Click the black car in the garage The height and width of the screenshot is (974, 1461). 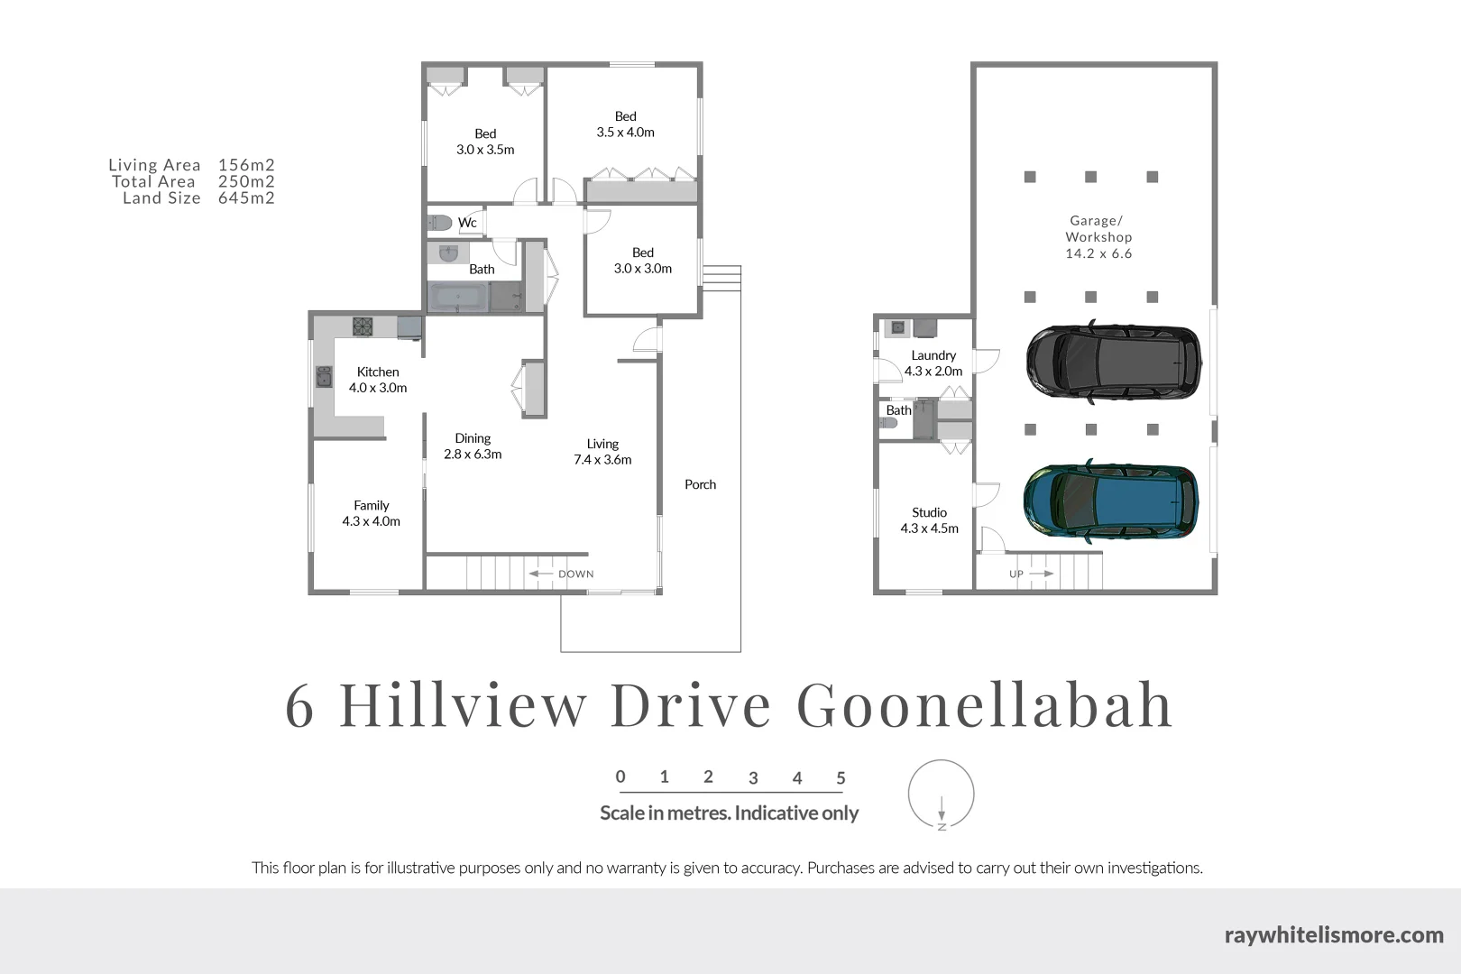point(1114,361)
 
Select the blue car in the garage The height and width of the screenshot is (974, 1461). point(1111,501)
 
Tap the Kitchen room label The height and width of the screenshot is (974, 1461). point(378,372)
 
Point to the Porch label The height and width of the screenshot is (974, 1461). point(700,484)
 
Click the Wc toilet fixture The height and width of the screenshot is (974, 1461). point(440,222)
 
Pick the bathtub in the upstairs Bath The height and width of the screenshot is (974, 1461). point(457,298)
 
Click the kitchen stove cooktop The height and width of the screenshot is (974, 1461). point(363,326)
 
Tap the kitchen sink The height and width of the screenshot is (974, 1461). point(324,376)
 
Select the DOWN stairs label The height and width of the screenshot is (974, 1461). point(575,574)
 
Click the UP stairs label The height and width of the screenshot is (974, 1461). point(1016,574)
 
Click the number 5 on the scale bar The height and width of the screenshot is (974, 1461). point(841,777)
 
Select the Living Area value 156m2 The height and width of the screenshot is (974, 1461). point(246,165)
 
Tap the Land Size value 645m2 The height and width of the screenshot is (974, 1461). point(246,198)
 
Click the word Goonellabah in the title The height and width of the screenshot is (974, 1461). point(985,704)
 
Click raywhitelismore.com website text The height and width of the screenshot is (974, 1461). point(1334,934)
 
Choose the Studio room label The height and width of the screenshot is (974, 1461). point(929,512)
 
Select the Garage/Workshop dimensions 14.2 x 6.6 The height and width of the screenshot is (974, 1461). point(1098,253)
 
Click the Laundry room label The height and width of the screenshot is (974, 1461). point(933,355)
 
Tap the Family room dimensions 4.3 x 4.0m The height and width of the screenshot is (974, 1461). point(371,521)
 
